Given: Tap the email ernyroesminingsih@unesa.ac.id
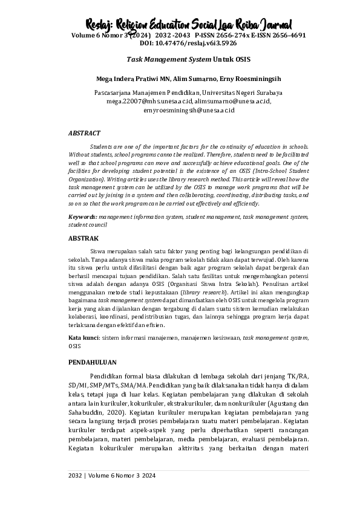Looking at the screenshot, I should (188, 111).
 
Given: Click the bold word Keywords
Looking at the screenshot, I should (82, 216).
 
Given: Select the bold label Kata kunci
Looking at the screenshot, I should (83, 338).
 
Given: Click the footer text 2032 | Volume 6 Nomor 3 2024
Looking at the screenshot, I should (111, 476).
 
